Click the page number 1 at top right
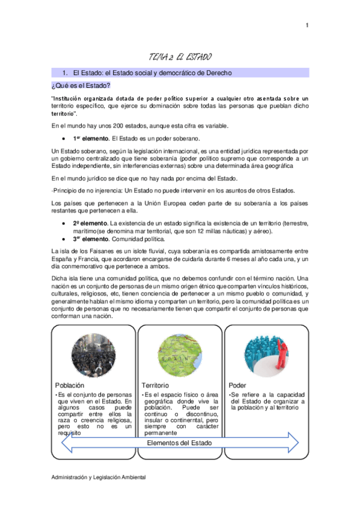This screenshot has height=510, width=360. click(307, 25)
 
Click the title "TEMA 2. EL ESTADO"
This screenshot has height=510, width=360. click(180, 57)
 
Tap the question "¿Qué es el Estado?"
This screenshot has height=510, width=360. click(81, 85)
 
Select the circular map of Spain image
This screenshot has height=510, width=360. click(180, 355)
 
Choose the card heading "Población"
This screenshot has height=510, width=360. click(70, 384)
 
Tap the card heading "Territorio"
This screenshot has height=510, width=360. click(156, 384)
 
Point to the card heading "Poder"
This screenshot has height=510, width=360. click(238, 384)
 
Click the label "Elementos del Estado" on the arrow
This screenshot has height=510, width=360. click(180, 443)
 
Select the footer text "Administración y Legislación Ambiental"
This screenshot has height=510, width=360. click(99, 477)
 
